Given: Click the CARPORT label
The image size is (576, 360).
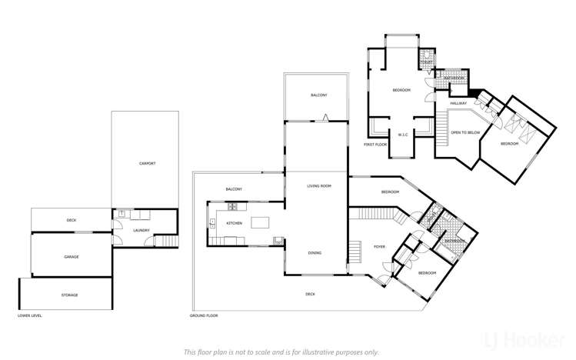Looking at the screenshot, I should [x=147, y=164].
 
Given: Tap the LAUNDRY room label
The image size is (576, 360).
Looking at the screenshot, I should [x=141, y=229].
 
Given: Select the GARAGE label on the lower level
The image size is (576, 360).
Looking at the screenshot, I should [x=72, y=257].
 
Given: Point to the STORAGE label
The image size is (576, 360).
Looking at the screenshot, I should [x=70, y=295].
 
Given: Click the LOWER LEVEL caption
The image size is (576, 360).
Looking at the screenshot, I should [x=29, y=315].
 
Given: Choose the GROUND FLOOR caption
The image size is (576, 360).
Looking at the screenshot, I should [x=204, y=315].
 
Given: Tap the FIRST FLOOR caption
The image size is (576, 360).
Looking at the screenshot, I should [x=375, y=144].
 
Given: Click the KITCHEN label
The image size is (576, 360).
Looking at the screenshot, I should [x=234, y=223].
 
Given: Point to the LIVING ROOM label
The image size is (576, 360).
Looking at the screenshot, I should [x=318, y=185].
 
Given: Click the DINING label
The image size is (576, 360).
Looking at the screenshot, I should [x=315, y=252].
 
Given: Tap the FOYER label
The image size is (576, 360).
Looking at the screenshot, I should [x=379, y=247].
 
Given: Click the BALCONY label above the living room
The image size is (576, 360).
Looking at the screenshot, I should [x=318, y=95].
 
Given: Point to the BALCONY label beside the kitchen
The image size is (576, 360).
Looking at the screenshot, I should [x=234, y=189].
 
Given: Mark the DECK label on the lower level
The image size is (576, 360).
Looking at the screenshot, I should [x=72, y=220].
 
